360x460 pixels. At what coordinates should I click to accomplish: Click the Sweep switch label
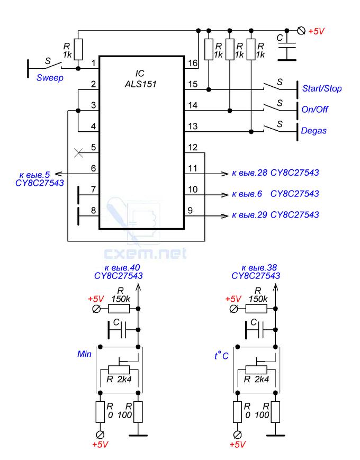click(x=50, y=78)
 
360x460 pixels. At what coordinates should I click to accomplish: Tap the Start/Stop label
click(x=322, y=88)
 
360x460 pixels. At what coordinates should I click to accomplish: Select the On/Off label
click(x=315, y=110)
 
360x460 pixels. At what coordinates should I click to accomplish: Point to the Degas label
click(x=313, y=131)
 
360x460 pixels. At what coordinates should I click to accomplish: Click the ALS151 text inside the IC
click(x=140, y=84)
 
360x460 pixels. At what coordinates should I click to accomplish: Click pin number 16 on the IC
click(x=193, y=63)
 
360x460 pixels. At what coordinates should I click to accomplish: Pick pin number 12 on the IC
click(x=193, y=147)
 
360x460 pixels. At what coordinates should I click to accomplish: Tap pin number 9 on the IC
click(x=190, y=211)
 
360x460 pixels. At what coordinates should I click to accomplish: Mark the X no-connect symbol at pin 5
click(x=78, y=153)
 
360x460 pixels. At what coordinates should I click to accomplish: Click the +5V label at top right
click(x=316, y=31)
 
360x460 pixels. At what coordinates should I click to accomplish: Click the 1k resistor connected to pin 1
click(x=78, y=49)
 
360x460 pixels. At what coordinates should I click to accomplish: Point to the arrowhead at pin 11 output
click(x=224, y=174)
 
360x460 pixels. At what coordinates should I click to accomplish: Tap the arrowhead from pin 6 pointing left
click(x=59, y=174)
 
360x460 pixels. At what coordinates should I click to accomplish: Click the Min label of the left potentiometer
click(x=84, y=354)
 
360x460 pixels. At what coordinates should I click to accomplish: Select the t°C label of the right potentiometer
click(x=221, y=356)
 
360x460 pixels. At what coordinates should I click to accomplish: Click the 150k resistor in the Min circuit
click(x=119, y=309)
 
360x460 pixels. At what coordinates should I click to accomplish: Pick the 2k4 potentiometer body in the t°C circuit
click(x=256, y=369)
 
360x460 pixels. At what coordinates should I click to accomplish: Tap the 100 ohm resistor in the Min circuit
click(x=138, y=412)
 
